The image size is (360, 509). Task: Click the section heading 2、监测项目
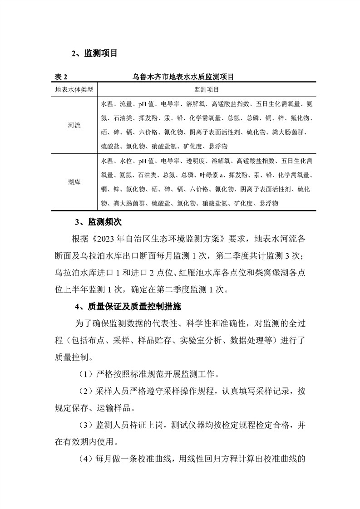pyautogui.click(x=94, y=54)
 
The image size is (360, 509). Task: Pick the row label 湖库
pyautogui.click(x=74, y=182)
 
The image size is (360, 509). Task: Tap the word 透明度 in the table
pyautogui.click(x=194, y=161)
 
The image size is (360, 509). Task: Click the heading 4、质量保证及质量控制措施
pyautogui.click(x=128, y=307)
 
